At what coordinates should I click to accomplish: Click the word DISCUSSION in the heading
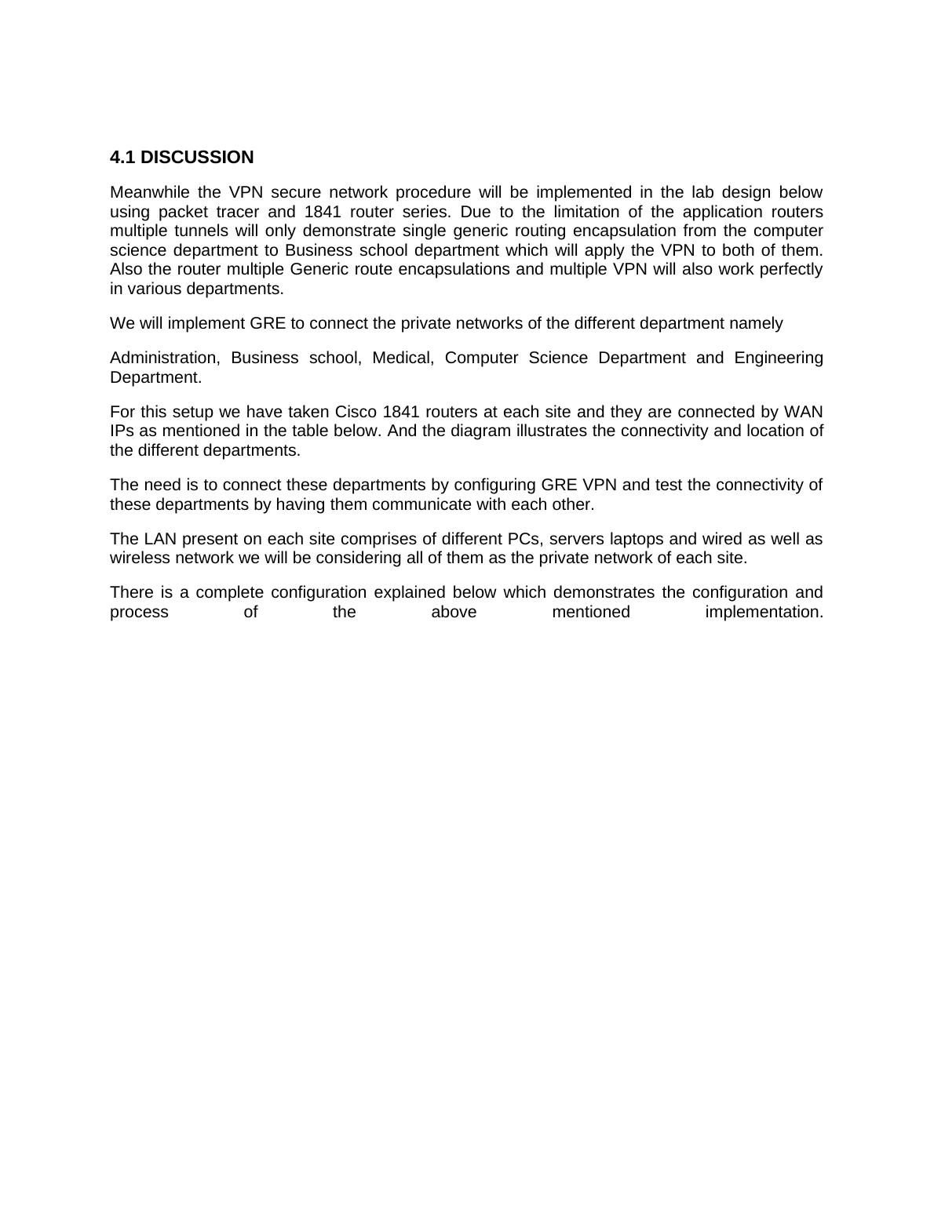click(x=197, y=158)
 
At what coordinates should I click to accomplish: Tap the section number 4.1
click(x=122, y=158)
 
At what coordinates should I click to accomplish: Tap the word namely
click(x=757, y=323)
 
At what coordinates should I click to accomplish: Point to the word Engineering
click(x=779, y=358)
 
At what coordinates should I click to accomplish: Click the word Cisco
click(x=356, y=412)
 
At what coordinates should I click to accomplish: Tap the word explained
click(x=410, y=592)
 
